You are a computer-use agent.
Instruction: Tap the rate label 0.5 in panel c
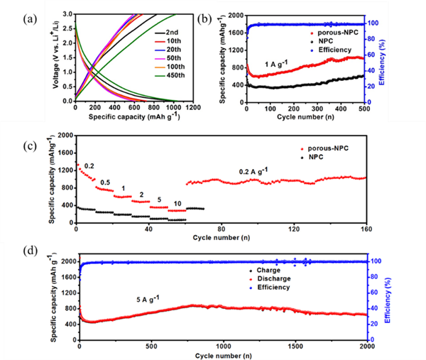105,182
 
